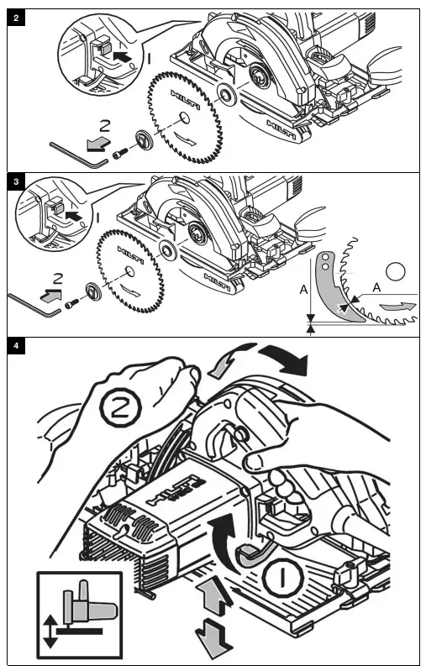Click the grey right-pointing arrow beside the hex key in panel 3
tap(50, 294)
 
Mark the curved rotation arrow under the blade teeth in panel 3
tap(397, 307)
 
